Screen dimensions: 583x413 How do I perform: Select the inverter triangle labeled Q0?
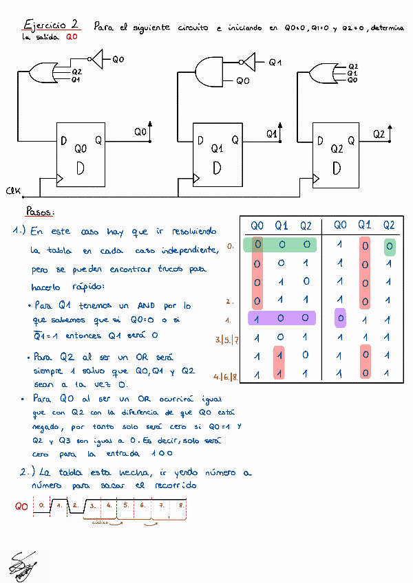[98, 59]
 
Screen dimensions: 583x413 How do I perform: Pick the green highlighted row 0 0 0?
[282, 245]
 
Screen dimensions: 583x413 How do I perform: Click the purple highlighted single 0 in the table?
[340, 318]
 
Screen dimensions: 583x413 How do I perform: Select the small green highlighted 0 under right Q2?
[390, 247]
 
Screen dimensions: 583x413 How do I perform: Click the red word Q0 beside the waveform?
[21, 507]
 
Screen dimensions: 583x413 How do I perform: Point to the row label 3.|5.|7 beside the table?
[227, 339]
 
